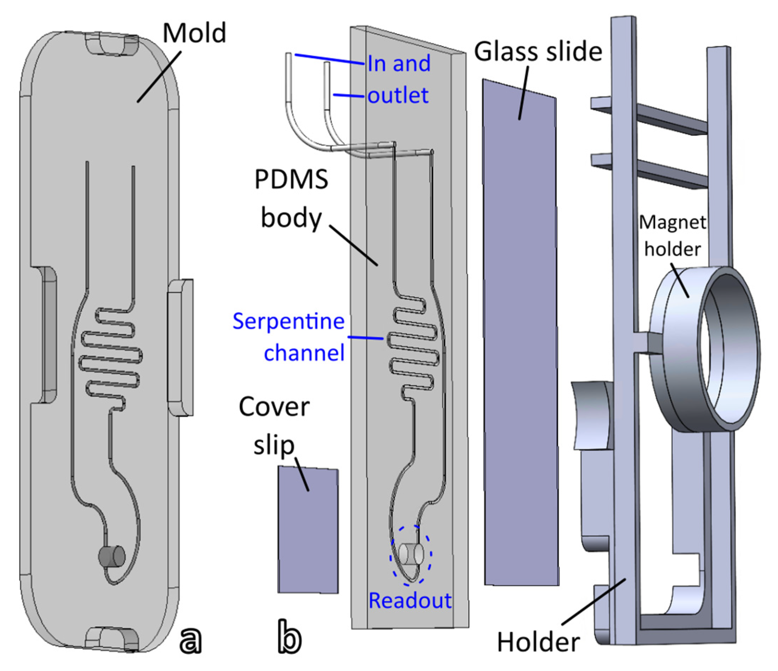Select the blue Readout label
[x=410, y=600]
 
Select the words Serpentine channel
[x=288, y=337]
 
